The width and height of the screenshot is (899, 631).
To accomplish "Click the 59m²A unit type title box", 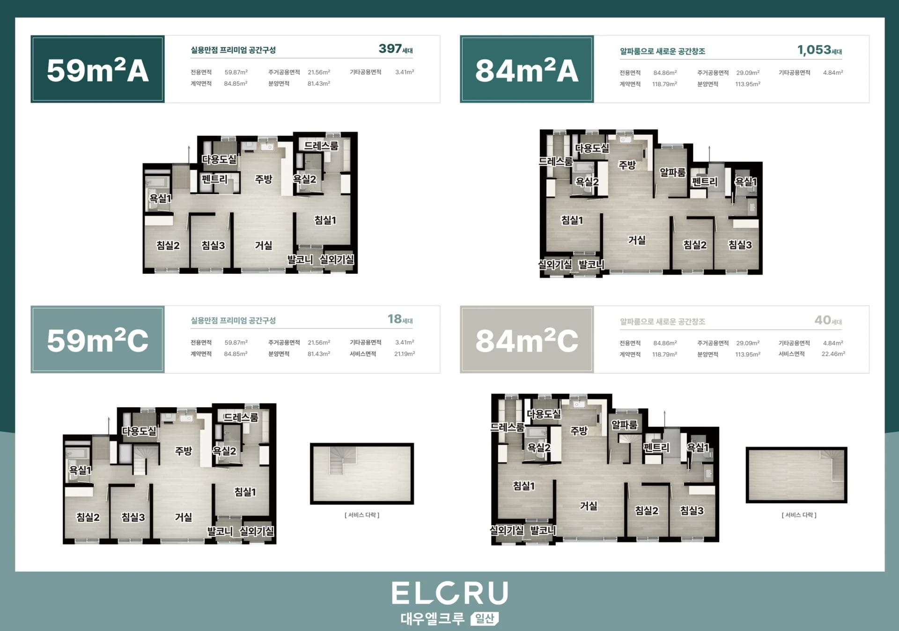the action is coord(97,69).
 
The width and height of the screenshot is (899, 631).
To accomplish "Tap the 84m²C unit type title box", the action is coord(527,339).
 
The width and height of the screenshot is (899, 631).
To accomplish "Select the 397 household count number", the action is coord(390,49).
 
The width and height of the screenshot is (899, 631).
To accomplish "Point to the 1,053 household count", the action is coord(814,50).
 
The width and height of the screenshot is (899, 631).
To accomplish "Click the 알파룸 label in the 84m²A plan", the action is coord(672,173).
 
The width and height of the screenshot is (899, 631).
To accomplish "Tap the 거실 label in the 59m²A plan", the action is coord(264,245).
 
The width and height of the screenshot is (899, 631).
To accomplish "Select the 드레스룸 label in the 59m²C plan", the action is coord(241,417).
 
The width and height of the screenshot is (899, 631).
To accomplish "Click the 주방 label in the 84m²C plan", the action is coord(579,431).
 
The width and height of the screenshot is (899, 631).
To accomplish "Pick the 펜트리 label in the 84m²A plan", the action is coord(705,182).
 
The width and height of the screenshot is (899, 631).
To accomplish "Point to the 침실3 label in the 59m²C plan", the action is coord(133,517).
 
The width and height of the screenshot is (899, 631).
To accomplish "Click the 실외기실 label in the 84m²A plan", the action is coord(555,265).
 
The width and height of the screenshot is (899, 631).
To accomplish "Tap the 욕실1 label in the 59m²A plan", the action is coord(161,198).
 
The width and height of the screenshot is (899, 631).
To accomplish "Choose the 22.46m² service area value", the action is coord(833,354).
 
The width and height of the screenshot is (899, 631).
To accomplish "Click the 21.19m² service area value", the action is coord(405,354).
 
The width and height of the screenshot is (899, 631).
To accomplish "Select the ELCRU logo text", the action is coord(450,593).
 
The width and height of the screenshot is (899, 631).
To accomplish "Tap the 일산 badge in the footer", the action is coord(485,619).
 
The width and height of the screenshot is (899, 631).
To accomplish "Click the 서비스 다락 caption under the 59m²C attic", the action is coord(362,515).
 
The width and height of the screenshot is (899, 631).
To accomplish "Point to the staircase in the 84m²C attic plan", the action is coord(833,466).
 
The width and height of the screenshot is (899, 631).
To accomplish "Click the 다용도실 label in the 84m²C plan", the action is coord(544,414).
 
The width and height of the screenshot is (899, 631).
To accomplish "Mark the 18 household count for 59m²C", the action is coord(395,319).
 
